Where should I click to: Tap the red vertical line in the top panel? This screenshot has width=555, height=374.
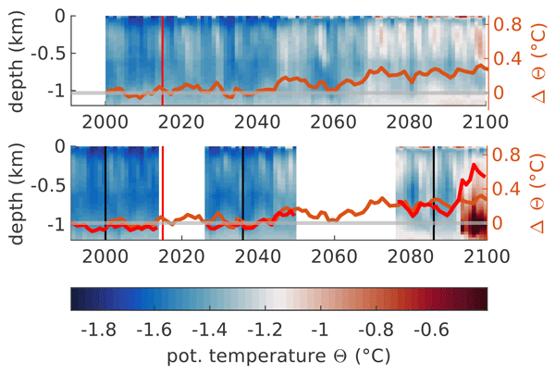click(x=163, y=56)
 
